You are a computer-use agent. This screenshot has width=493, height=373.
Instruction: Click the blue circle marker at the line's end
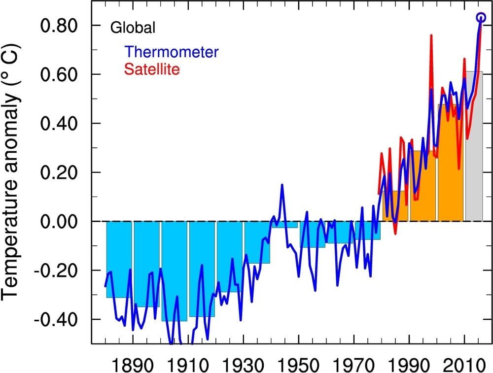point(481,18)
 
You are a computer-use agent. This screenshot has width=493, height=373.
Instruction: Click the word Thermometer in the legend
point(172,52)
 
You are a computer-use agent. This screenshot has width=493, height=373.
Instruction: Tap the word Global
point(133,28)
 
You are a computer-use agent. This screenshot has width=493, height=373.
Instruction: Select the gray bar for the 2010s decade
point(474,148)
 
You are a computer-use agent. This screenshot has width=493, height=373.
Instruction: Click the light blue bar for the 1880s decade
point(119,261)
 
